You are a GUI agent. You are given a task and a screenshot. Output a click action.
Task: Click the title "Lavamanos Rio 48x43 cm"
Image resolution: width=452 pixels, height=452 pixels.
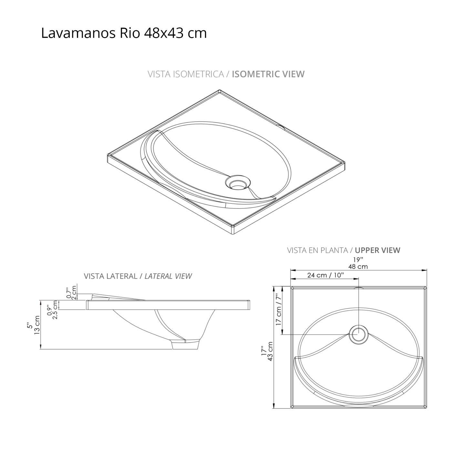tap(124, 33)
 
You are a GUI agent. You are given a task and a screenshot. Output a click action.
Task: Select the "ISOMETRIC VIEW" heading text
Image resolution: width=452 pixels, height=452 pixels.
tap(268, 74)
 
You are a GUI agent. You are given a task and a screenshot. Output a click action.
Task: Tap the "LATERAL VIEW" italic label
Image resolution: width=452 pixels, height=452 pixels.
tap(168, 276)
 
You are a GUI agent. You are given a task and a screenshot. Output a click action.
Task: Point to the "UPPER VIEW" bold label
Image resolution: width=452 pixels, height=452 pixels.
tap(377, 250)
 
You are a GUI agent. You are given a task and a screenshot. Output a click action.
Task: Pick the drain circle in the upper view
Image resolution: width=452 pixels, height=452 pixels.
tap(359, 334)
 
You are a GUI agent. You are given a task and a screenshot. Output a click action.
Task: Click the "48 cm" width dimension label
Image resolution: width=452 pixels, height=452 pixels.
tap(358, 267)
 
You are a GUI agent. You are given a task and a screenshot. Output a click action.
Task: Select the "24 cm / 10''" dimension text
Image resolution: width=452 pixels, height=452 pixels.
tap(325, 275)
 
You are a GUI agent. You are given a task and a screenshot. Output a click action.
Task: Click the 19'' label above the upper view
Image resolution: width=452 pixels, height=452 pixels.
tap(358, 260)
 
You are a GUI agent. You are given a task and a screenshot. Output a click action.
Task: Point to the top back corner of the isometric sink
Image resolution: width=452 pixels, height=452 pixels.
tap(219, 91)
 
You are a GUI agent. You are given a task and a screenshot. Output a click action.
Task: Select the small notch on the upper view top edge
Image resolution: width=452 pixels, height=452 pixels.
tap(358, 287)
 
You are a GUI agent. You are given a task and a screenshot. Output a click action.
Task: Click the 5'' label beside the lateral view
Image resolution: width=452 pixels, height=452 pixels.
tap(29, 326)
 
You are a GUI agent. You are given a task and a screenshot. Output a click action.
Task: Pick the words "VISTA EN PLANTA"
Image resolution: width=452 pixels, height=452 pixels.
tap(317, 250)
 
